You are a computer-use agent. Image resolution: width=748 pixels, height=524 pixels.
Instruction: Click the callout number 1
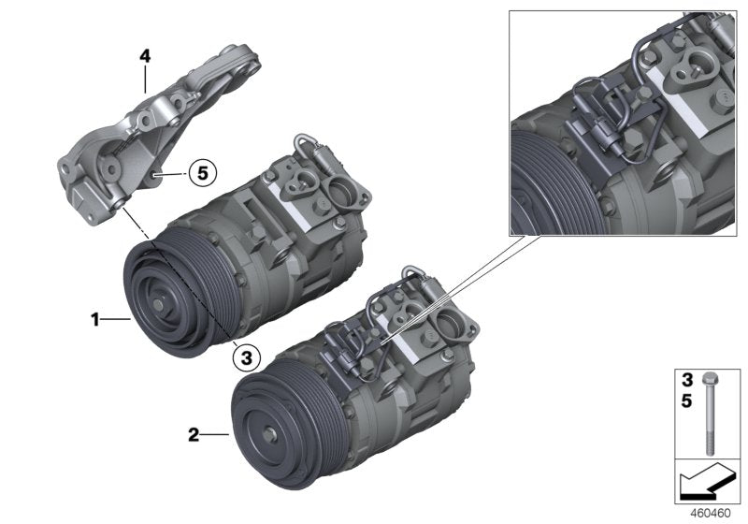(x=94, y=320)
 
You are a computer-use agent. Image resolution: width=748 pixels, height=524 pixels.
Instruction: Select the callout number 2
(x=193, y=434)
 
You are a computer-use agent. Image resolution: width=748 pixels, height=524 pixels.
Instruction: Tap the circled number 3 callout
(x=246, y=356)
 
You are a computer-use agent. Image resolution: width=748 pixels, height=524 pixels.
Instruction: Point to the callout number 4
(x=145, y=57)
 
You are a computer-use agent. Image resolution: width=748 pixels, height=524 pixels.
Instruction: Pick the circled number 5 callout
(x=202, y=172)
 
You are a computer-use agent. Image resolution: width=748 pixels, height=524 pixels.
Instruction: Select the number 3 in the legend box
(x=686, y=381)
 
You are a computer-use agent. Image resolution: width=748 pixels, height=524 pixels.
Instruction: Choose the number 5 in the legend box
(x=686, y=400)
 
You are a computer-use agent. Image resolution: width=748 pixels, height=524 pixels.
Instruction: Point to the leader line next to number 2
(x=214, y=434)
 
